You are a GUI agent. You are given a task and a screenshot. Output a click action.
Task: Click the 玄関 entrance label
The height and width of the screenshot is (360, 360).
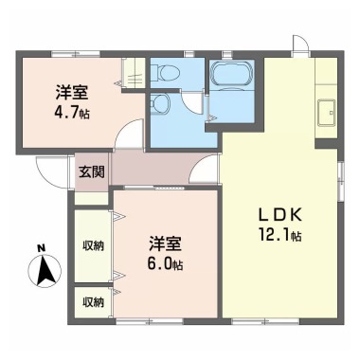(91, 171)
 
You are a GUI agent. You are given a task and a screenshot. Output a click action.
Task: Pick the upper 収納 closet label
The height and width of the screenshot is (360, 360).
(92, 244)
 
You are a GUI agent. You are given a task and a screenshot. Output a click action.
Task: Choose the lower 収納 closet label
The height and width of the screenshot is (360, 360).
(92, 302)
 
